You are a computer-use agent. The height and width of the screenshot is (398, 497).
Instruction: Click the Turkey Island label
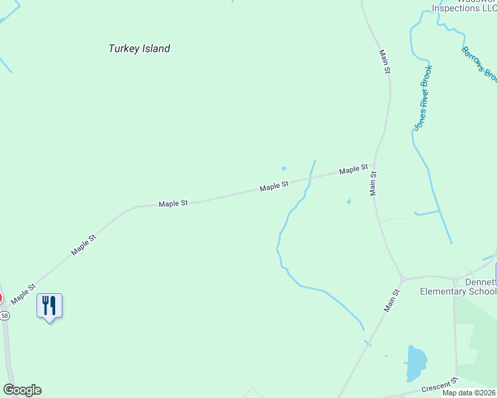pos(139,48)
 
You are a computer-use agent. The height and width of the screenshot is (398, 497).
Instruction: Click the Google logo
pos(22,390)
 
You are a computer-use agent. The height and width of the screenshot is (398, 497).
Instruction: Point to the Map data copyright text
pos(468,393)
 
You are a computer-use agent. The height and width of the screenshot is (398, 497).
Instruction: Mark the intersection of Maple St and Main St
pos(374,166)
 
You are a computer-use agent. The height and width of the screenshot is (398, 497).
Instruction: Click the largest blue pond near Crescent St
pos(416,362)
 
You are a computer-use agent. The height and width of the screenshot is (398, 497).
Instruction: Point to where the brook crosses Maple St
pos(310,178)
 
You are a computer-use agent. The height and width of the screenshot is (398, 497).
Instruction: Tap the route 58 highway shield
pos(5,316)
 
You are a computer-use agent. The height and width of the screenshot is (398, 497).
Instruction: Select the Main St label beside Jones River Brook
pos(383,61)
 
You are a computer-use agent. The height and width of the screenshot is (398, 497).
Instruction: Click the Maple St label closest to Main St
pos(353,170)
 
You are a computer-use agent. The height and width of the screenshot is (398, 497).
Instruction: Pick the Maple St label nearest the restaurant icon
pos(23,292)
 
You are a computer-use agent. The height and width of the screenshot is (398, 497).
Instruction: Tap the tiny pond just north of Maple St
pos(284,168)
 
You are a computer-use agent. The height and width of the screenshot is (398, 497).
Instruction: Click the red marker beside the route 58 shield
pos(1,298)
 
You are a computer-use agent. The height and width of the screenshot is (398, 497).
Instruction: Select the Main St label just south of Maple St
pos(373,183)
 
